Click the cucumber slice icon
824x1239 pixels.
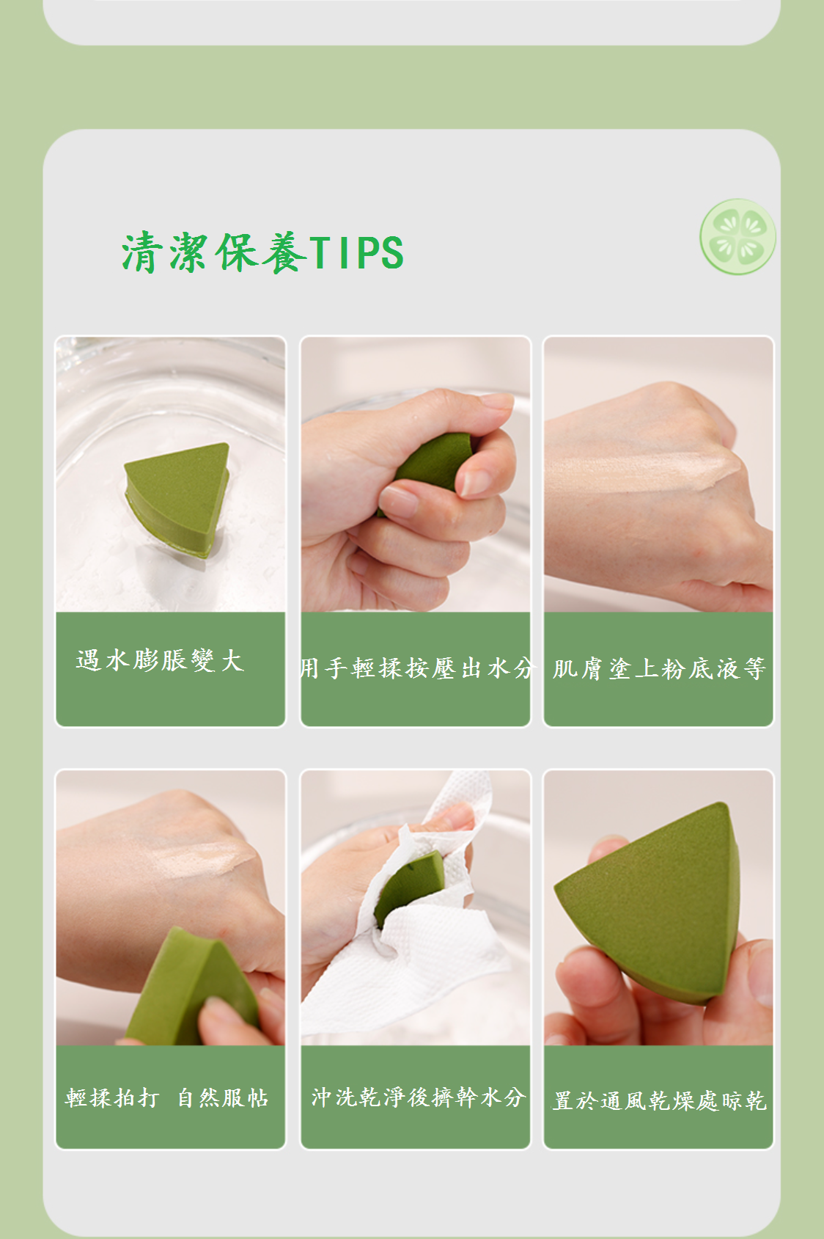tap(737, 237)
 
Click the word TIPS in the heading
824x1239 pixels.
tap(356, 252)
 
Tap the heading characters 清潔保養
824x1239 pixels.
tap(214, 252)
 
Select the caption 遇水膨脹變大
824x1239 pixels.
tap(161, 660)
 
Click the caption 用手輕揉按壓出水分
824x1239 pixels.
tap(417, 668)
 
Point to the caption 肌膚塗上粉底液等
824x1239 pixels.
tap(659, 669)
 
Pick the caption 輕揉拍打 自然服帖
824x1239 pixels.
tap(167, 1098)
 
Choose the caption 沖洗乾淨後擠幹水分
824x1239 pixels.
tap(418, 1097)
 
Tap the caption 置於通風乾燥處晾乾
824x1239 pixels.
tap(659, 1100)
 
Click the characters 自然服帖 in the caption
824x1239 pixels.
tap(224, 1098)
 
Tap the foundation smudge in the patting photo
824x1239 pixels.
tap(205, 859)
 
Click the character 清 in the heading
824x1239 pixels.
tap(142, 252)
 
